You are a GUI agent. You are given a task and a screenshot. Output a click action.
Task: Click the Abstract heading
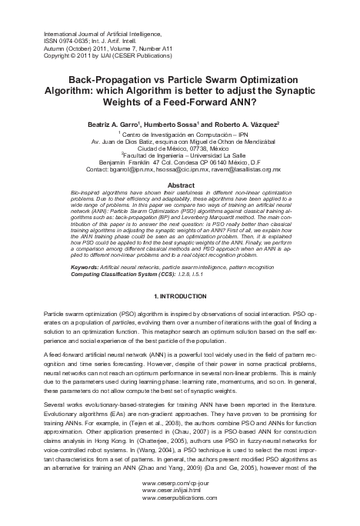click(179, 185)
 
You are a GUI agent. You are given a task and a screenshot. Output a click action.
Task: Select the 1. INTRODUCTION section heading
click(179, 296)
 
